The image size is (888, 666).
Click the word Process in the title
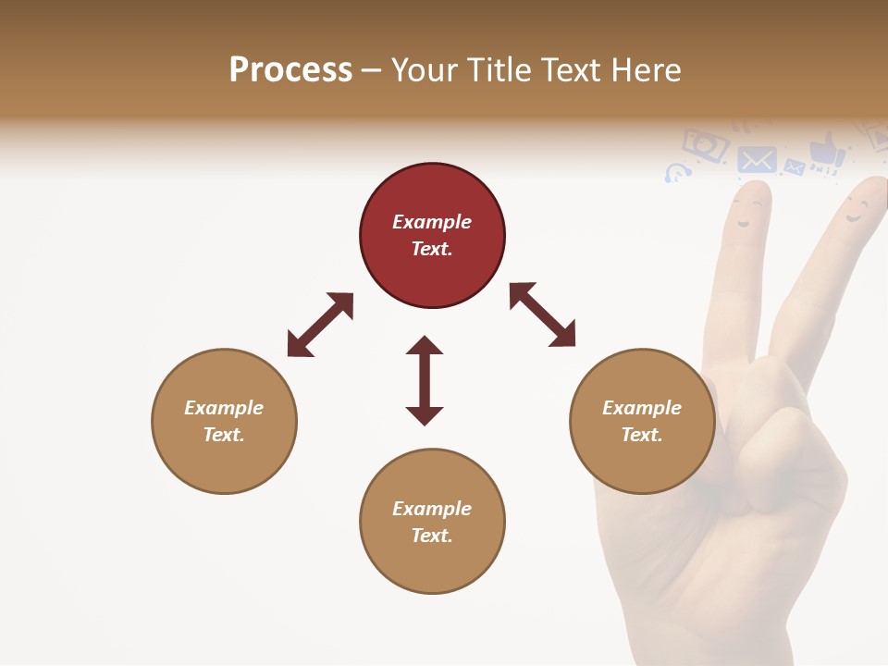[290, 70]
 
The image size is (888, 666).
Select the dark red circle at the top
[432, 236]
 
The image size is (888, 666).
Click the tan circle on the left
[224, 421]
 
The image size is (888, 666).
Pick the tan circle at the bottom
[432, 522]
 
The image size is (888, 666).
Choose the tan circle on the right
[642, 421]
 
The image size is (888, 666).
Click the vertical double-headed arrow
[425, 380]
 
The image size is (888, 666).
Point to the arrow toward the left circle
[320, 325]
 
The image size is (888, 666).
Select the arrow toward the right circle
[542, 314]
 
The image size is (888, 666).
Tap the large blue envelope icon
[758, 160]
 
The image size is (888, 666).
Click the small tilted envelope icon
[794, 167]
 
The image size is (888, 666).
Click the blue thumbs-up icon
[826, 151]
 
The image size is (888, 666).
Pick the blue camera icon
[706, 144]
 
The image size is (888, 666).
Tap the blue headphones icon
[678, 172]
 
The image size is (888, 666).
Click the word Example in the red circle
[432, 222]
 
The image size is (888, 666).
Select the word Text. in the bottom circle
[432, 536]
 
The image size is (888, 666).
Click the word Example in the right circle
[642, 408]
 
